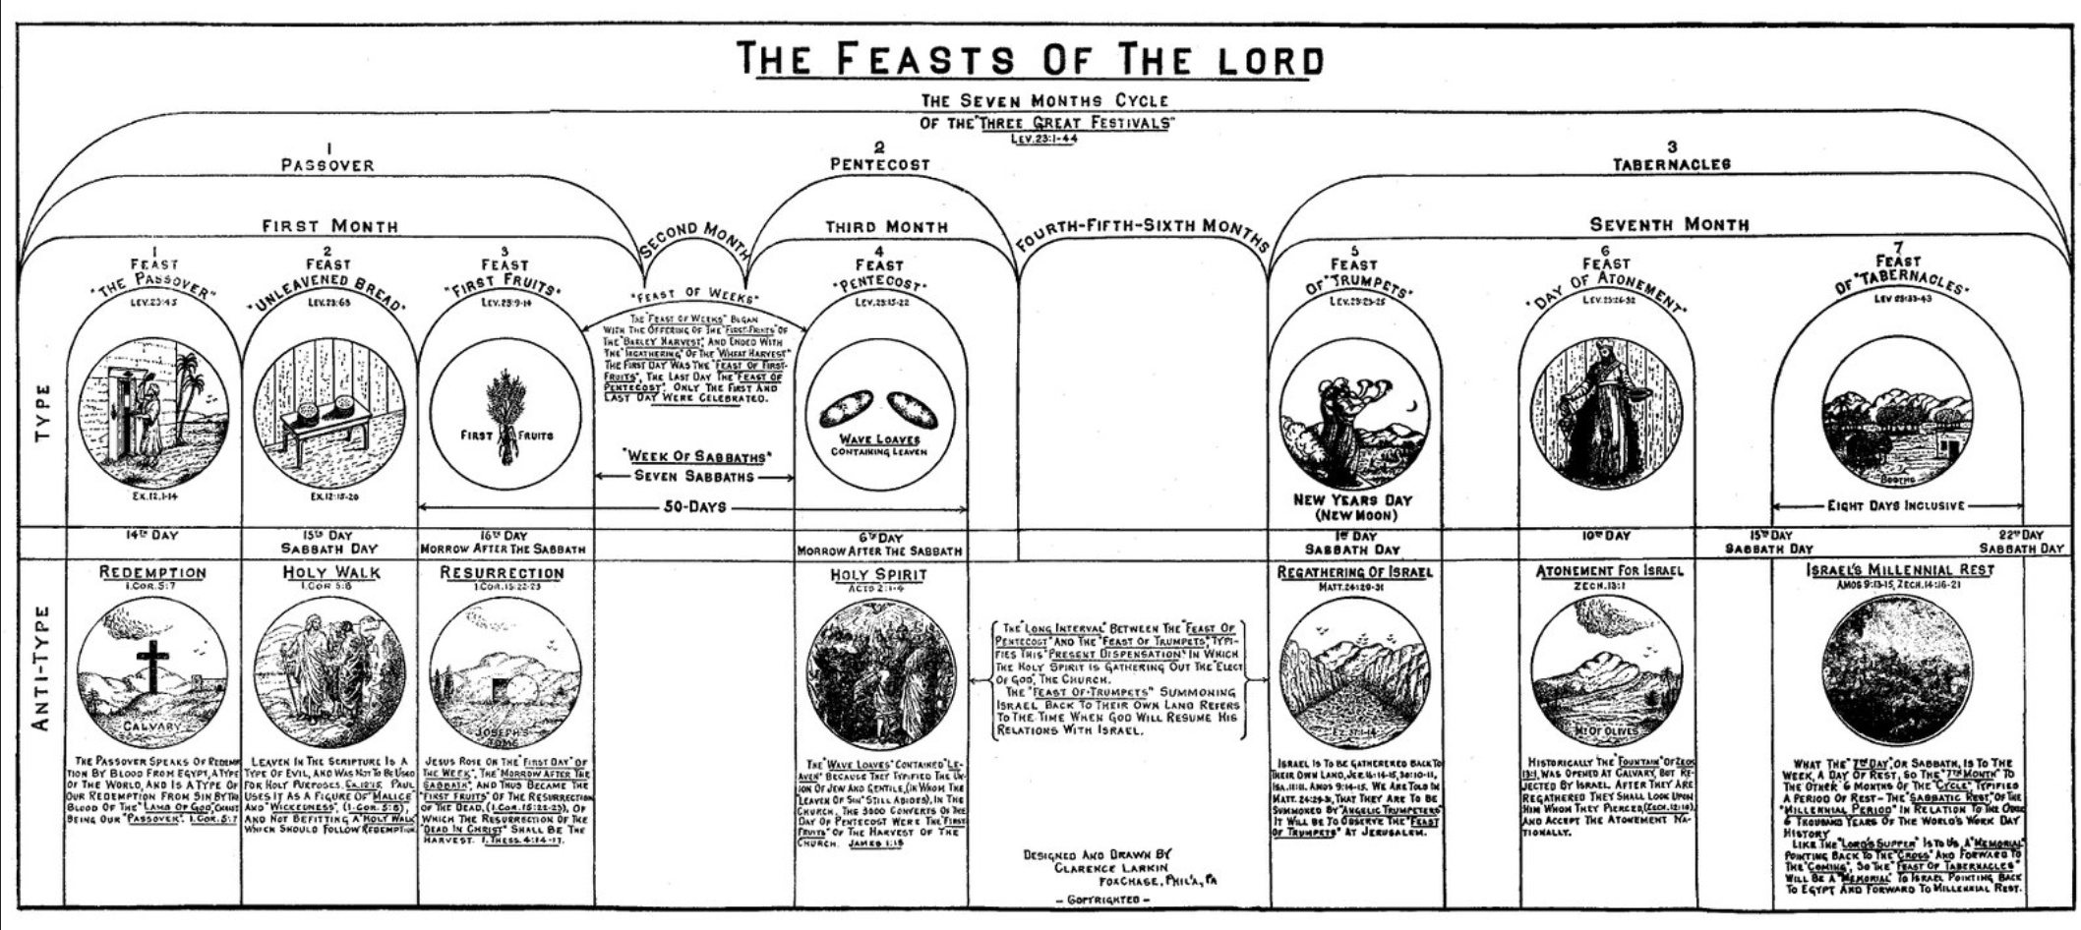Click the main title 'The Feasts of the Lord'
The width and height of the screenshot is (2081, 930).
pos(1030,59)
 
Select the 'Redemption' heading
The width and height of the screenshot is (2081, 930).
pos(152,572)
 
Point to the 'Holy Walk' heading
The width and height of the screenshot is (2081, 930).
pos(331,572)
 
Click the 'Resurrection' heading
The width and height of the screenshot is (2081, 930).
pos(502,572)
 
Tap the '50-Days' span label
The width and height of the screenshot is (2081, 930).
pos(693,507)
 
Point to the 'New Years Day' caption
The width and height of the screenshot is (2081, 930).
pos(1352,500)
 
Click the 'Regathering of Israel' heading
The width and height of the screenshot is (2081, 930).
pos(1354,572)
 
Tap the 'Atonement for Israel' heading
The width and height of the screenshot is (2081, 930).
pos(1609,571)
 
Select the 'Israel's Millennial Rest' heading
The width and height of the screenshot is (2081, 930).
pos(1900,570)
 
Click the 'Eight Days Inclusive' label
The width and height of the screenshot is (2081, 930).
pos(1895,506)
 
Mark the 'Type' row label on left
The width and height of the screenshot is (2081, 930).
pos(42,412)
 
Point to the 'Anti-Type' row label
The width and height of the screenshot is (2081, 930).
pos(42,668)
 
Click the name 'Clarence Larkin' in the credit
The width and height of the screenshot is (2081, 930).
pos(1110,868)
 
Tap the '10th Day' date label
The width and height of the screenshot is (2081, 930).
pos(1605,537)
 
